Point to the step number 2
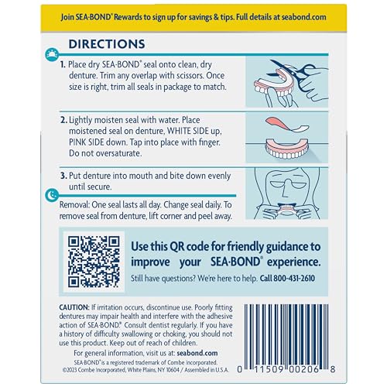(63, 122)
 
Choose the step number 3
(63, 175)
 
